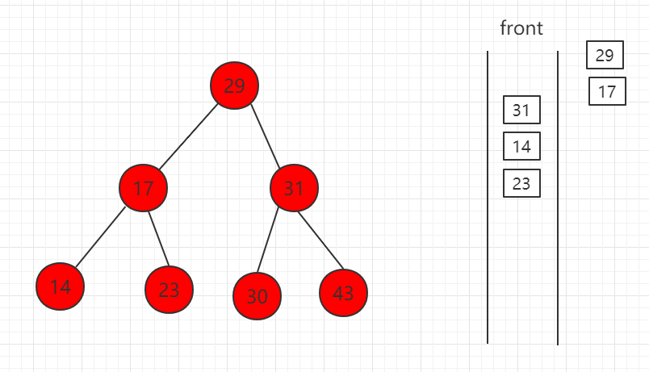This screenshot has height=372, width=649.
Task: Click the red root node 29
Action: coord(234,86)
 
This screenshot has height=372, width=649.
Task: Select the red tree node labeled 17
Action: coord(143,188)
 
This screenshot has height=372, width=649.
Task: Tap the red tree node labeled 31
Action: coord(294,188)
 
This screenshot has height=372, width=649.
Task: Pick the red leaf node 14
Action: coord(60,286)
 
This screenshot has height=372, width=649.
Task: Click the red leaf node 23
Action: coord(169,289)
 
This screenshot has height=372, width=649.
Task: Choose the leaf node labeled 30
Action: coord(257,296)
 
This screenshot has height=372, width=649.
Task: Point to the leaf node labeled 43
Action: coord(343,293)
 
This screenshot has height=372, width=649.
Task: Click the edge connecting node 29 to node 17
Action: coord(188,136)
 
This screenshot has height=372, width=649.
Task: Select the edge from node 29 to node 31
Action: coord(266,136)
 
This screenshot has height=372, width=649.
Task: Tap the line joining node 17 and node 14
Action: coord(101,237)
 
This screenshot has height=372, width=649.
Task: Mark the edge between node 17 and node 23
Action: coord(159,238)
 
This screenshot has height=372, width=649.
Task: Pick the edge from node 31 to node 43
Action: coord(320,240)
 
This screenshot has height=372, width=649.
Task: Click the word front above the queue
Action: coord(521,28)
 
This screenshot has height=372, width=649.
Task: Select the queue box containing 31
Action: coord(521,110)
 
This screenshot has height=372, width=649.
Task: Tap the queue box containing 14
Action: coord(521,146)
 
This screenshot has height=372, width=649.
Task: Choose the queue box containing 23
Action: coord(521,183)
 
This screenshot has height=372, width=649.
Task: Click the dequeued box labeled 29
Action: coord(605,55)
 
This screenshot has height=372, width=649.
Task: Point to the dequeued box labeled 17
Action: coord(607,91)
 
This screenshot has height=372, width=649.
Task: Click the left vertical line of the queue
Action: coord(488,198)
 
